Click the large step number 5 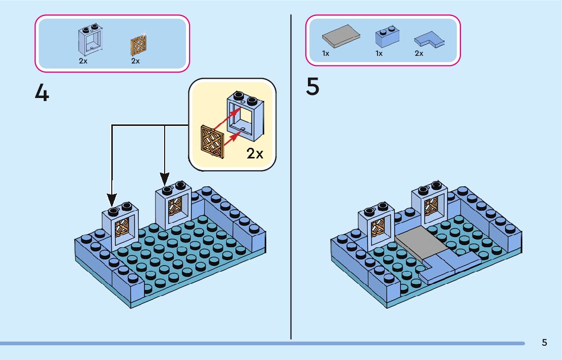(313, 87)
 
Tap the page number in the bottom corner (544, 343)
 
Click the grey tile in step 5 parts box (341, 37)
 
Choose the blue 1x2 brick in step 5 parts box (387, 38)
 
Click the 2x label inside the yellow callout (255, 153)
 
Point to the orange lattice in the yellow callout (212, 142)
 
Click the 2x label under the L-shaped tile (419, 53)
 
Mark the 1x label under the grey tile (326, 53)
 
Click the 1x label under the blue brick (379, 53)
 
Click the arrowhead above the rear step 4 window (165, 178)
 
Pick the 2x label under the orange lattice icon (135, 61)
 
